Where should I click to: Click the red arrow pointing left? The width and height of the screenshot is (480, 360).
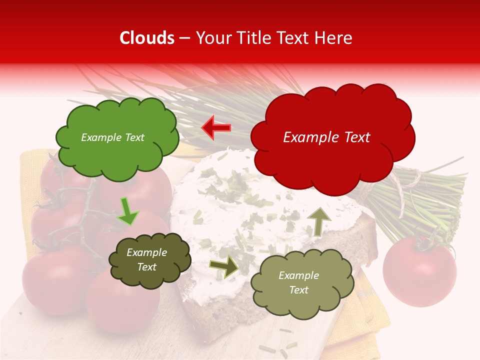[216, 128]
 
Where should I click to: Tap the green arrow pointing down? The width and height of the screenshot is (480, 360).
[127, 211]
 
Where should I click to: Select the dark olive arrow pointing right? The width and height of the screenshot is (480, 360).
[224, 266]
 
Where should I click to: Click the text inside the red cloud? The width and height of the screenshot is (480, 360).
[326, 137]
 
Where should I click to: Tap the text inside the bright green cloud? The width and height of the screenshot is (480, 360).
[112, 137]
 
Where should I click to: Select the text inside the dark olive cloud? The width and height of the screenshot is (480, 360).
[146, 260]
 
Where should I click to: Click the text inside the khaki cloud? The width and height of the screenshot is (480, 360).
[298, 282]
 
